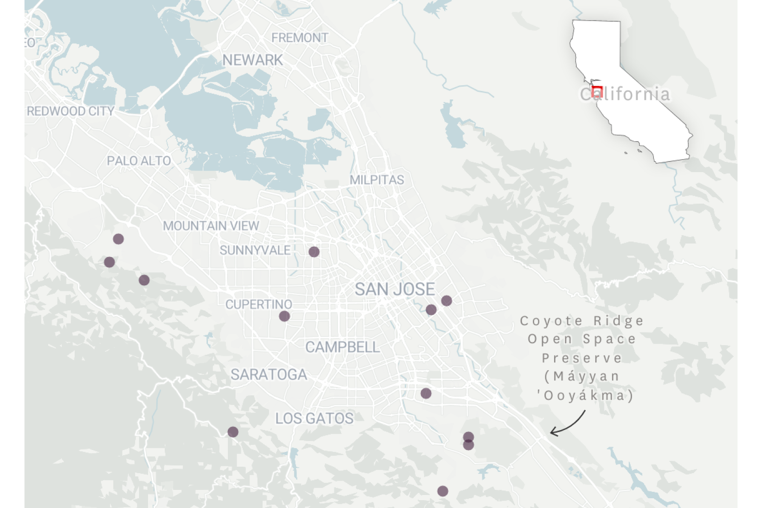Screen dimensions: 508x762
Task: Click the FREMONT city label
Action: click(299, 38)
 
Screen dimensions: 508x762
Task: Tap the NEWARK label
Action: click(252, 60)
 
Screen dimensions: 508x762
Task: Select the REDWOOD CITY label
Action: click(71, 111)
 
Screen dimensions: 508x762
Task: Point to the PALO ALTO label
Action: click(139, 161)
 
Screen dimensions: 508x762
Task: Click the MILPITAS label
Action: click(376, 180)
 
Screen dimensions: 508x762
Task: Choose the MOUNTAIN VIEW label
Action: click(211, 226)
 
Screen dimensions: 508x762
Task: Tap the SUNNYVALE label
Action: click(255, 251)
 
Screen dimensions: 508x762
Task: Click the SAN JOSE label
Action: click(395, 289)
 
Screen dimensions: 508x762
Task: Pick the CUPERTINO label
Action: click(258, 304)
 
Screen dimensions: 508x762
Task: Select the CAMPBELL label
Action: click(342, 347)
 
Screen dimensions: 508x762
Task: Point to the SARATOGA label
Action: click(269, 374)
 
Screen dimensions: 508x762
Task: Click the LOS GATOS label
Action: click(314, 418)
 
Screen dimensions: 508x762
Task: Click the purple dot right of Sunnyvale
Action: click(314, 252)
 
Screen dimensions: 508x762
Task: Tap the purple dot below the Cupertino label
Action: click(284, 316)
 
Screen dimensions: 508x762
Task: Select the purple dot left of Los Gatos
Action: click(233, 432)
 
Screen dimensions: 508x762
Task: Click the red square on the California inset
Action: click(597, 91)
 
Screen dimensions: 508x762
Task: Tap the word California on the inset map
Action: click(625, 94)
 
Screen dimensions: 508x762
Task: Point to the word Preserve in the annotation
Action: click(582, 358)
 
